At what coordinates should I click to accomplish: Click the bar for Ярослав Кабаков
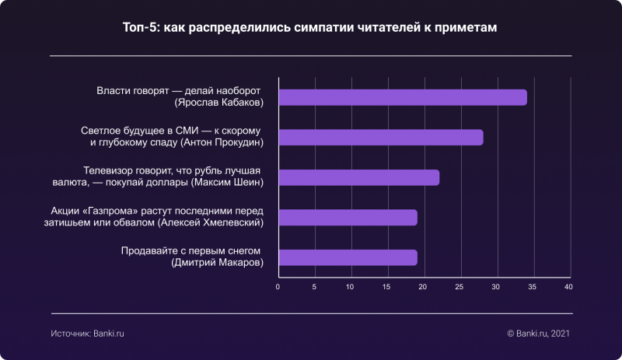tap(402, 97)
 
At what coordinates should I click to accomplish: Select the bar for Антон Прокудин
tap(380, 138)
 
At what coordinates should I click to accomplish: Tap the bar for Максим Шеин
tap(358, 177)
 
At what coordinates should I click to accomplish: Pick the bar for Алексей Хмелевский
tap(348, 218)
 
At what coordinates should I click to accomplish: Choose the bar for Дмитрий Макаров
tap(348, 257)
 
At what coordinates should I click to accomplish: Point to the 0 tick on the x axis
tap(278, 287)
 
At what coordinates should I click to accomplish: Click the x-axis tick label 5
tap(314, 287)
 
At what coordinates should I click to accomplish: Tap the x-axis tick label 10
tap(351, 287)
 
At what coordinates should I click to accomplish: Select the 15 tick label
tap(387, 287)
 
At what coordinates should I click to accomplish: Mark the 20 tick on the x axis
tap(424, 287)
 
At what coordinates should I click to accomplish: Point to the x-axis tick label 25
tap(460, 287)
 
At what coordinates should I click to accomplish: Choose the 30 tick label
tap(496, 287)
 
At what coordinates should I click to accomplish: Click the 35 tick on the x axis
tap(533, 287)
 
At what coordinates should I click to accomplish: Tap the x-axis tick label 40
tap(568, 287)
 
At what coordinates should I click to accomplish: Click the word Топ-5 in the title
tap(140, 28)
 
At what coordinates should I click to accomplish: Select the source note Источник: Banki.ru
tap(88, 333)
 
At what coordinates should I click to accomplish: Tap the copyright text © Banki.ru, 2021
tap(539, 333)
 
